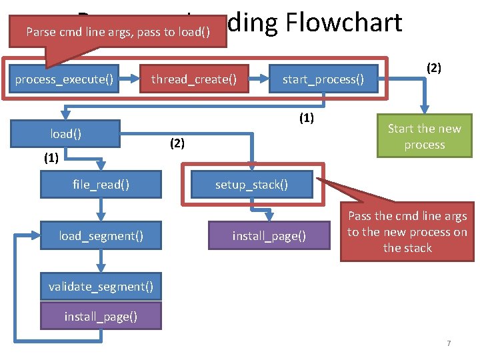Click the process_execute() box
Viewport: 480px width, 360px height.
pos(65,79)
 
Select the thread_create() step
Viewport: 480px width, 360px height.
pos(193,79)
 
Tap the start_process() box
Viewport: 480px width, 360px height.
pos(323,79)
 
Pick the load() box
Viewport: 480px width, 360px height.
pos(65,134)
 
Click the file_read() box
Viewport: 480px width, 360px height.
pos(101,184)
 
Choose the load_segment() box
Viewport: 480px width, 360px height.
pos(101,235)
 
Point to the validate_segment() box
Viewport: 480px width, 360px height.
pos(101,287)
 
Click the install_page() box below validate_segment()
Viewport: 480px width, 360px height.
pos(101,316)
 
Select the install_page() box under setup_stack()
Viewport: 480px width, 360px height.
pos(269,235)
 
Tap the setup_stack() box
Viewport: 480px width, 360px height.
pos(251,184)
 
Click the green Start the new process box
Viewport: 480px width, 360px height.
pos(424,137)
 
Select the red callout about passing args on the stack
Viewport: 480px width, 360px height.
pos(407,232)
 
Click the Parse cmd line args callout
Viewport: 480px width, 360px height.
pos(116,32)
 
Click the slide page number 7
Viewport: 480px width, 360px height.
pos(449,343)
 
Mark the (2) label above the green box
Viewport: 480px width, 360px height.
pos(434,67)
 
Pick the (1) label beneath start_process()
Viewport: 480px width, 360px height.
pos(306,119)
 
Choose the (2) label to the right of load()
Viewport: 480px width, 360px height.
pos(177,143)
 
